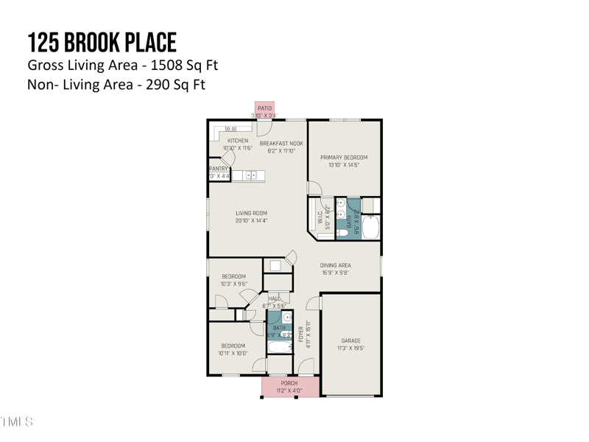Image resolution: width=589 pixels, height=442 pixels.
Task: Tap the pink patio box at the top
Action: pos(264,110)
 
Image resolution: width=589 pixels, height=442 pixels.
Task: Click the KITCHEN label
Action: pos(237,141)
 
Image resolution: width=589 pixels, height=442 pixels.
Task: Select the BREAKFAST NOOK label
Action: pos(281,144)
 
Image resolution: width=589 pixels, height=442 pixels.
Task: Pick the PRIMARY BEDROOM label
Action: pos(344,158)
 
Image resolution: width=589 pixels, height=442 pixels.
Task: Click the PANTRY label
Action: pos(218,169)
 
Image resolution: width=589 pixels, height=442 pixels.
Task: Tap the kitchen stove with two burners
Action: pos(230,129)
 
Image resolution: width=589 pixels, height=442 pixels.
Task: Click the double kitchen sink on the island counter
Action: pos(253,175)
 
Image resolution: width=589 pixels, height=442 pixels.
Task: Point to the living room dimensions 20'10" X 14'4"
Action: pos(251,220)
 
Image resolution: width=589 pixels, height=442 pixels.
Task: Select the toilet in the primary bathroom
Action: pos(342,232)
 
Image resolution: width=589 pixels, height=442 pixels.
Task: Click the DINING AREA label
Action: pos(335,265)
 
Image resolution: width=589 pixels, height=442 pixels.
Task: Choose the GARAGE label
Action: pos(350,341)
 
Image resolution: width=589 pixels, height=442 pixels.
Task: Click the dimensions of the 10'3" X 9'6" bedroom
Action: pos(233,284)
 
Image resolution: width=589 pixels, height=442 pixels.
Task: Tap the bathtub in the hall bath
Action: pos(280,347)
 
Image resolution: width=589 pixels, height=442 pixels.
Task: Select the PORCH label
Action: pos(289,383)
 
